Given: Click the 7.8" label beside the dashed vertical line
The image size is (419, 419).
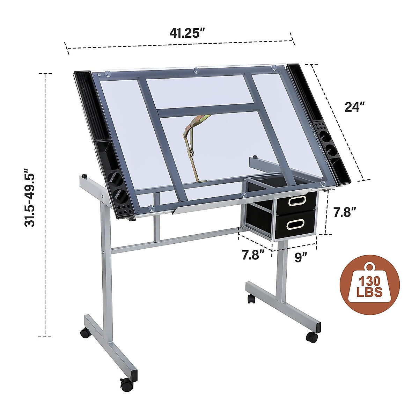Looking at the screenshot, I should [x=344, y=212].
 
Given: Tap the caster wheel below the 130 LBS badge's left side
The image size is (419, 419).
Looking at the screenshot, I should [x=251, y=299].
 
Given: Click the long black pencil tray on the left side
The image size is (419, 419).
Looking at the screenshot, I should [x=91, y=105].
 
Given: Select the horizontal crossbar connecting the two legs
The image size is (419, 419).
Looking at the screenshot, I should [x=175, y=240].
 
